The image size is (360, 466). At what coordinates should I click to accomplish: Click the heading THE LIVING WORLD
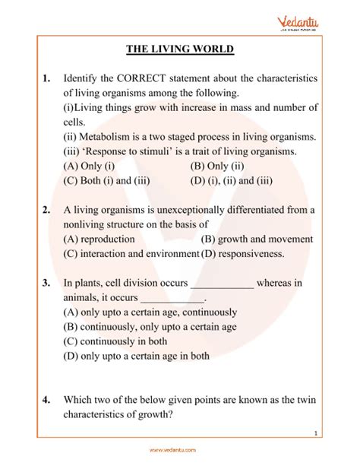pos(180,50)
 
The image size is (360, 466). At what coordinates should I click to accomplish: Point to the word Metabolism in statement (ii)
pos(111,137)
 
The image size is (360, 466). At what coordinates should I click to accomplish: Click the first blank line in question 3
pos(221,284)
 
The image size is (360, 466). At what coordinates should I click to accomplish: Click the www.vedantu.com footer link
pos(179,449)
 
